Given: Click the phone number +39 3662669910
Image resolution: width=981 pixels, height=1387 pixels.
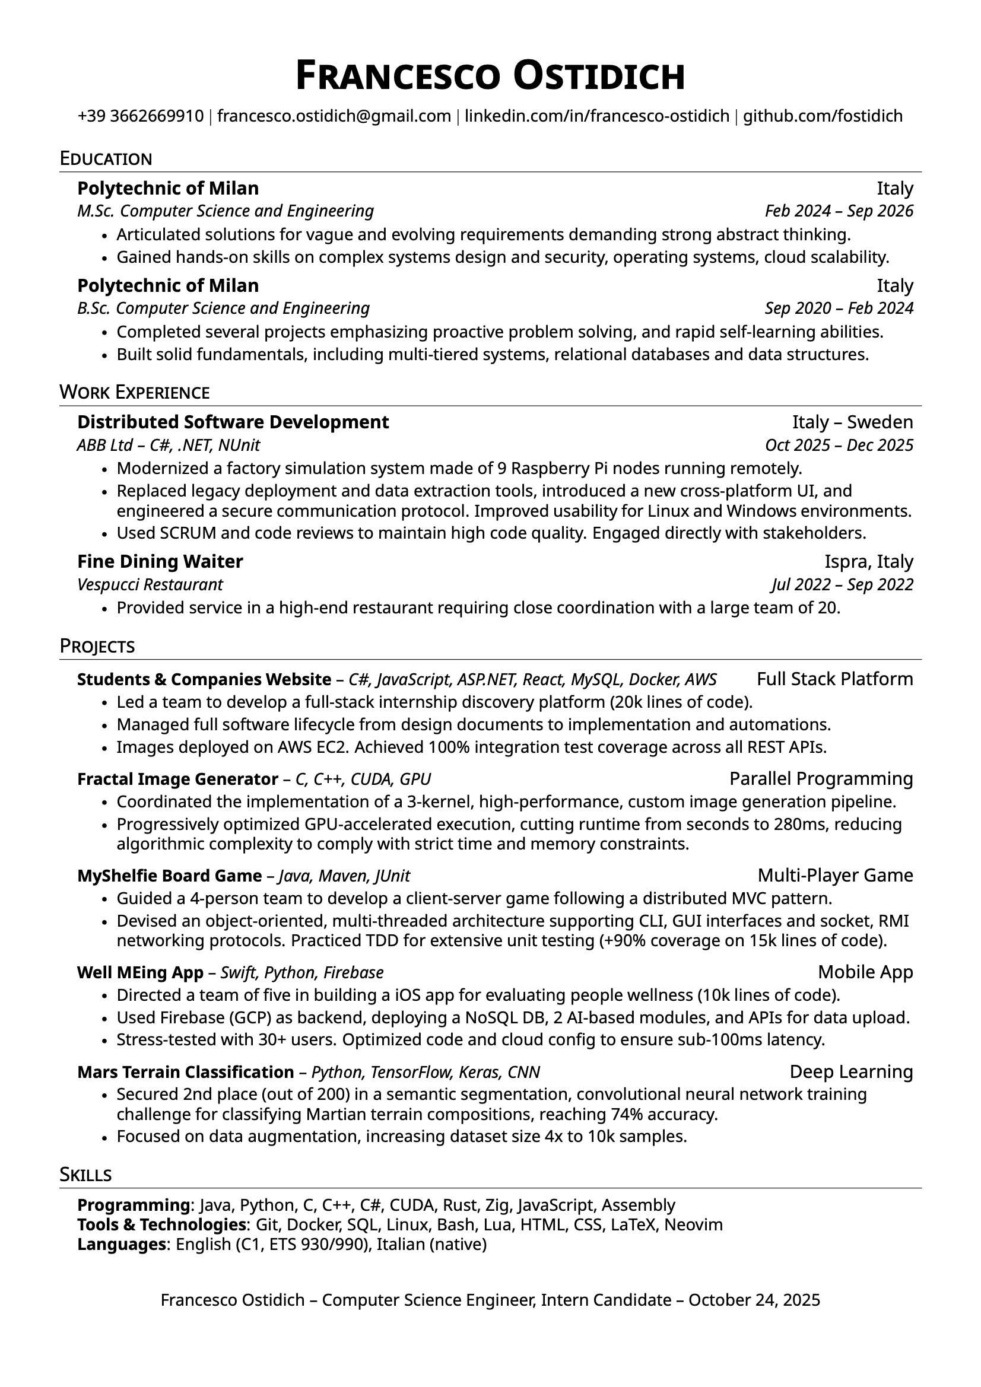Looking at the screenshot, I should tap(140, 116).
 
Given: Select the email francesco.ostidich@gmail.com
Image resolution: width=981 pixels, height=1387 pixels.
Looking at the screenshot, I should tap(334, 116).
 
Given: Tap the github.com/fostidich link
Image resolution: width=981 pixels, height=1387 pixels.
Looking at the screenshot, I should tap(822, 116).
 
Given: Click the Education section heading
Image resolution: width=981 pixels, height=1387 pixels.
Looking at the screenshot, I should tap(106, 159).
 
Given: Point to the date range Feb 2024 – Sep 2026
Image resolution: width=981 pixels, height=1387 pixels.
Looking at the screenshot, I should tap(839, 211).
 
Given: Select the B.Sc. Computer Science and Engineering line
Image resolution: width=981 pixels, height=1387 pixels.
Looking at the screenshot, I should tap(223, 308).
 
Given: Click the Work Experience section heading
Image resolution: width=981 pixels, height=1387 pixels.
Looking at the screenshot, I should tap(134, 393).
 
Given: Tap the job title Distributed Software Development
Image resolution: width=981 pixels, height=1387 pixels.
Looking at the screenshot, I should tap(233, 422).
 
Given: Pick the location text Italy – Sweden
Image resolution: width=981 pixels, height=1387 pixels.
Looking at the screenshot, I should tap(852, 422).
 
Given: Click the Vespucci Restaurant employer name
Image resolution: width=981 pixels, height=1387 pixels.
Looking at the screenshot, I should tap(150, 584).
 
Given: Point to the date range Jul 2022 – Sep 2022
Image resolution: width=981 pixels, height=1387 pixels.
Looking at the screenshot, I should tap(842, 584).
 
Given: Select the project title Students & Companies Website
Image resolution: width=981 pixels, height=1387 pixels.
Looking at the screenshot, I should tap(204, 680).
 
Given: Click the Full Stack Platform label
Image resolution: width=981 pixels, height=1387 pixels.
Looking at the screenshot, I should tap(835, 679).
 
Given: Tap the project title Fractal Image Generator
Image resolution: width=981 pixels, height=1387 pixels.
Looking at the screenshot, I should tap(177, 780).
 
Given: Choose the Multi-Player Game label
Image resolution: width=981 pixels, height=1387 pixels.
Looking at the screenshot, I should tap(835, 876).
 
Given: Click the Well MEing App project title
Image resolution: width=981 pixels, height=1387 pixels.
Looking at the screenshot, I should tap(140, 972).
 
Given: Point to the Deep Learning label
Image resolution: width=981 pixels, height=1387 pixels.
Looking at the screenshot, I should tap(851, 1071).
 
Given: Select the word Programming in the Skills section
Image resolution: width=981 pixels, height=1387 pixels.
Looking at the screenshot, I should tap(134, 1205).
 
